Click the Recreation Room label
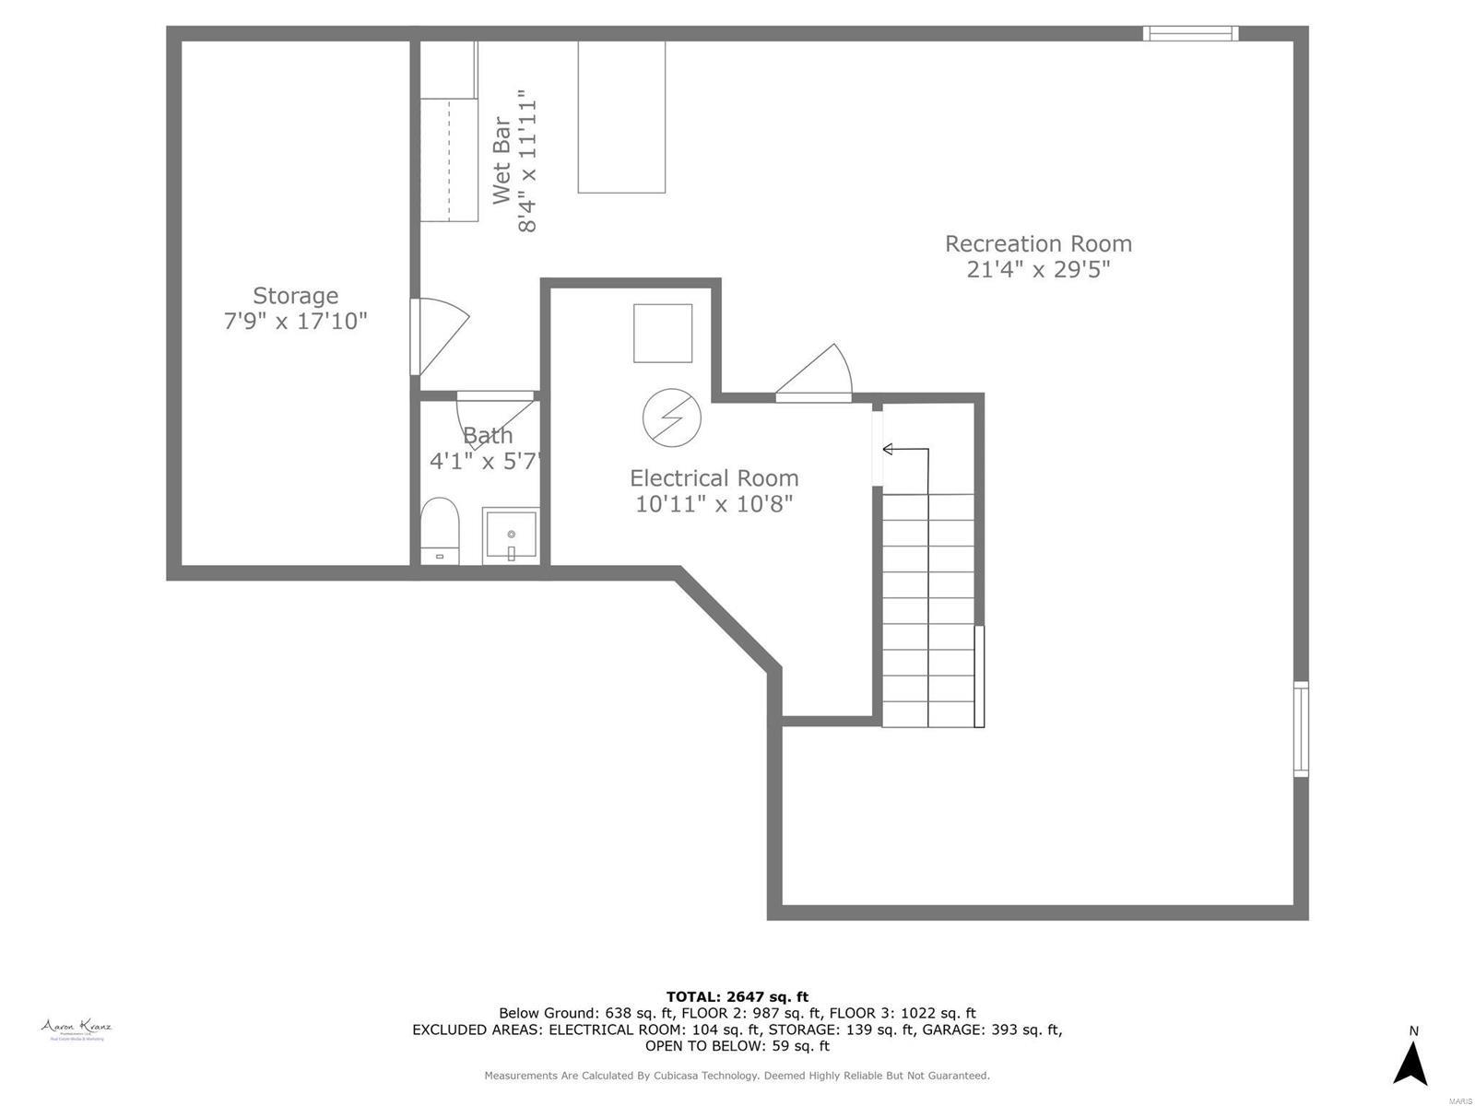point(1038,244)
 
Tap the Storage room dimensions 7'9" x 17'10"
point(295,322)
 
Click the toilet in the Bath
point(439,530)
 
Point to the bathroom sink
point(511,535)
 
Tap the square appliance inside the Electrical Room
point(662,333)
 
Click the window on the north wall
point(1189,34)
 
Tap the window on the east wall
point(1300,728)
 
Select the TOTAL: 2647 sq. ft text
point(737,996)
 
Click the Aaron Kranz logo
point(77,1029)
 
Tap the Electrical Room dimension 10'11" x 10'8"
point(714,504)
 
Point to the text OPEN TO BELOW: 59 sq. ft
point(737,1046)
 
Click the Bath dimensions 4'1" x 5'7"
point(484,461)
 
